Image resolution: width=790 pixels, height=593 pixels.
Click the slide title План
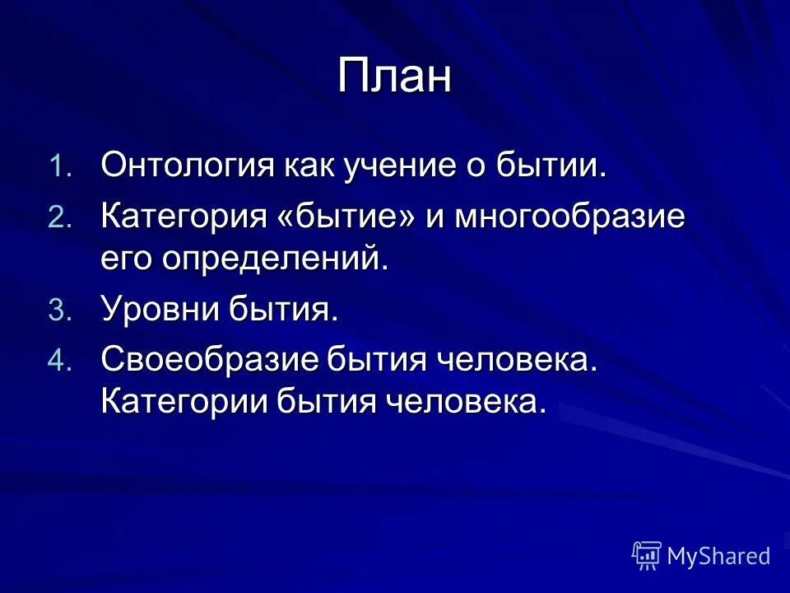[394, 77]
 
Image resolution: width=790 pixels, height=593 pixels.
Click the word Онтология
[186, 165]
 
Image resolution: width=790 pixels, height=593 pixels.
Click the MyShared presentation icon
[647, 556]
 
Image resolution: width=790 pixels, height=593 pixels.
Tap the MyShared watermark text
[718, 557]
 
